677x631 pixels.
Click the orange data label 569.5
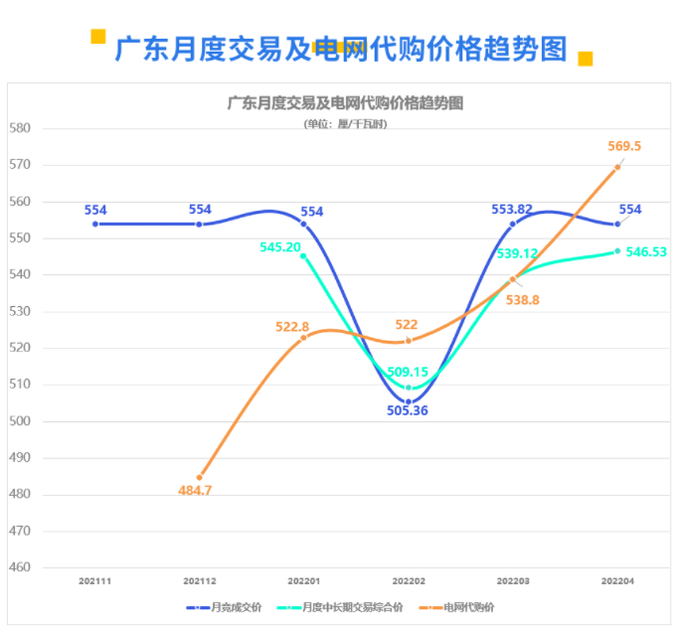(x=624, y=146)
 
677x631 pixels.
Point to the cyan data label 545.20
(x=279, y=247)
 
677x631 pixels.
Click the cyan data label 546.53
(x=646, y=252)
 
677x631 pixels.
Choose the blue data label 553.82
(x=512, y=210)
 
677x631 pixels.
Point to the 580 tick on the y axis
(x=20, y=128)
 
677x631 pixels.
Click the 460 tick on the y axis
(x=20, y=567)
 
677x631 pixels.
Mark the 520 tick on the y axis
(x=20, y=348)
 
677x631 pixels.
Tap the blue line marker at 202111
(x=95, y=224)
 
